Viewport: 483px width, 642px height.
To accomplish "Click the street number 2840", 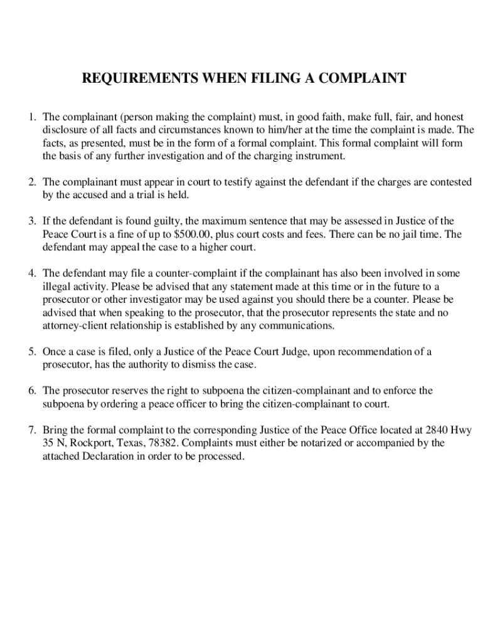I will click(438, 429).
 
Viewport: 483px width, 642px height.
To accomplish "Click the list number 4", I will click(31, 273).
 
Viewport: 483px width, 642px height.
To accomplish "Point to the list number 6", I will click(31, 391).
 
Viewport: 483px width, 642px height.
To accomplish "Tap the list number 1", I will click(31, 117).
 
